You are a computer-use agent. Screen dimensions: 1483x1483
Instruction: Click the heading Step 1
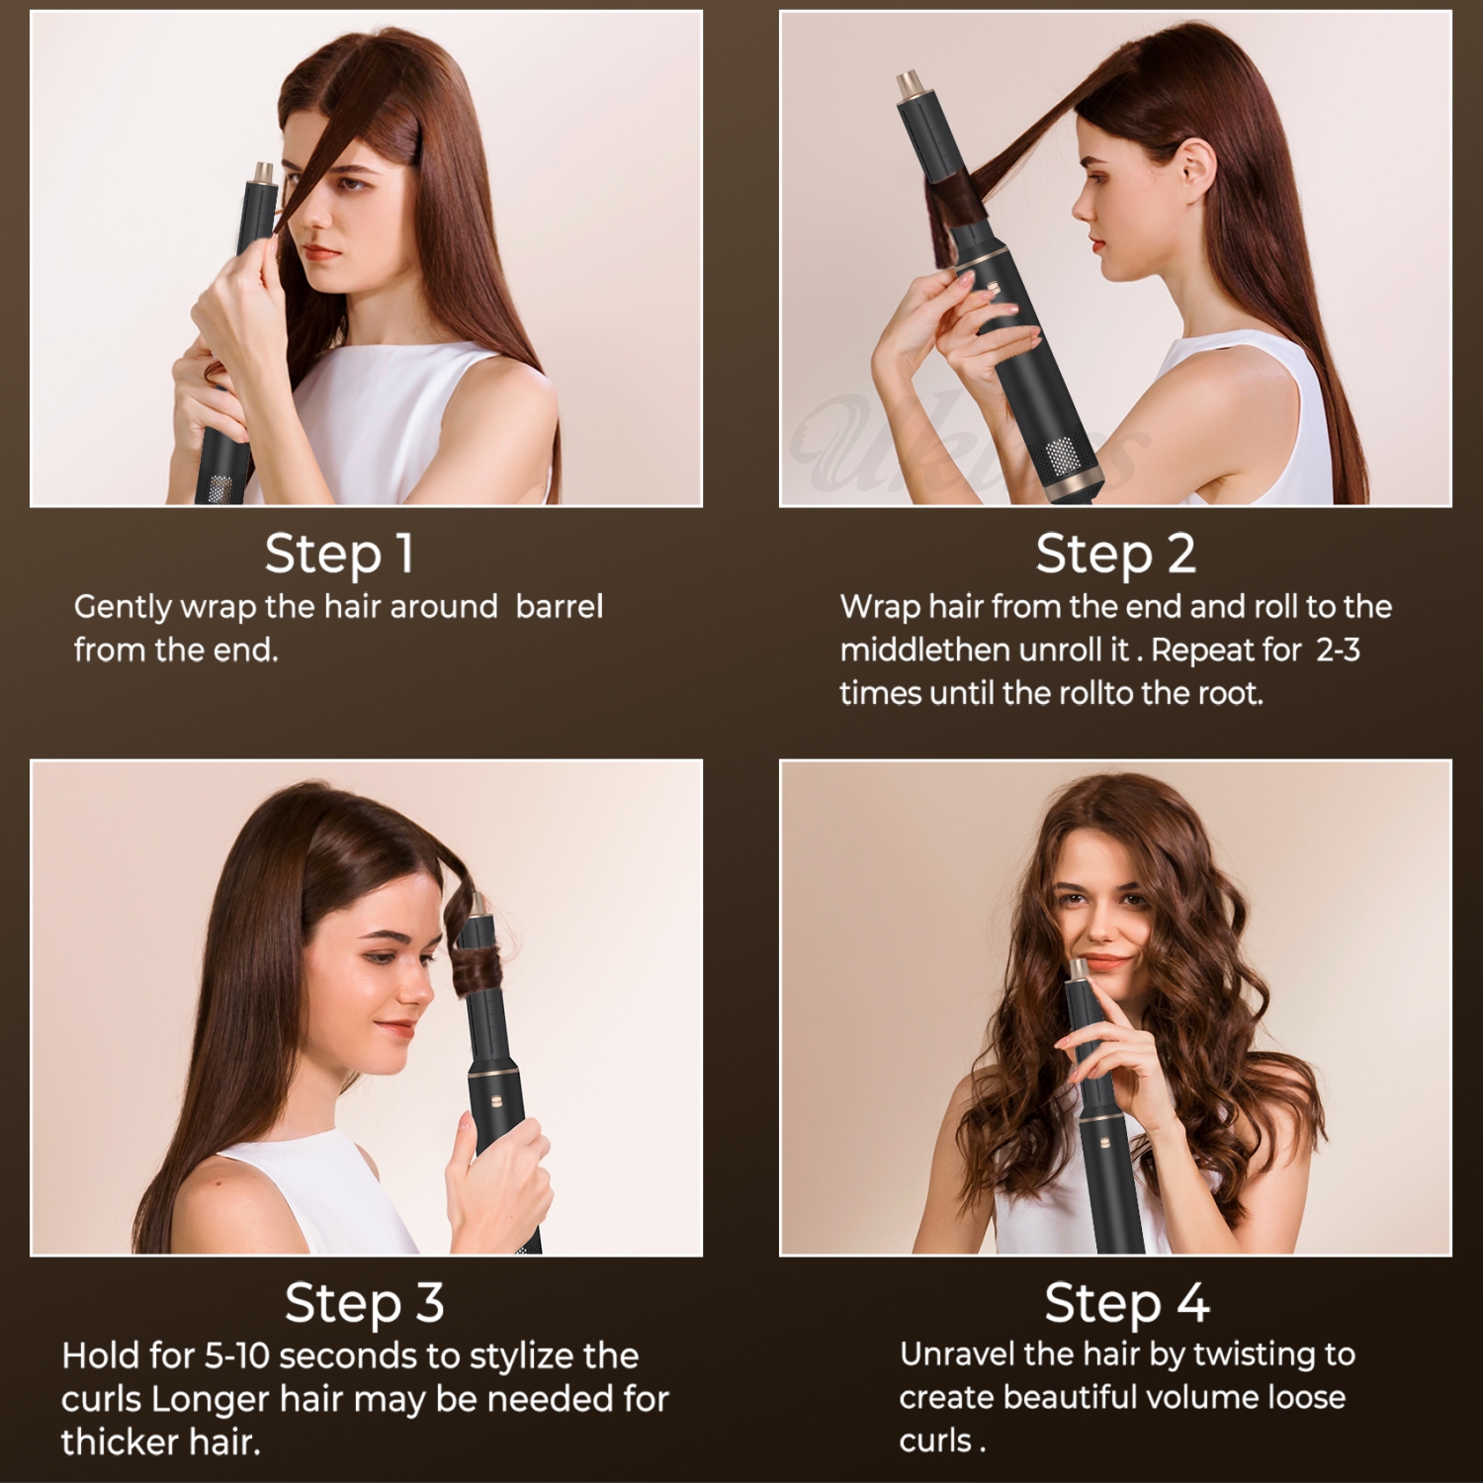(x=339, y=554)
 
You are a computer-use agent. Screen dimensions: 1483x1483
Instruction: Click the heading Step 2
(x=1115, y=554)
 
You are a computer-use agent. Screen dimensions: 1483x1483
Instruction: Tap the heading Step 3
(x=364, y=1302)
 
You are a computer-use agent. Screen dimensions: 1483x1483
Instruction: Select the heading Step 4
(x=1126, y=1302)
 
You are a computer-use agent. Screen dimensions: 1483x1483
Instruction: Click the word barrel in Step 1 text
(x=559, y=606)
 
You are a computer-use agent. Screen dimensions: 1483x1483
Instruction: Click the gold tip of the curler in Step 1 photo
(x=264, y=173)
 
